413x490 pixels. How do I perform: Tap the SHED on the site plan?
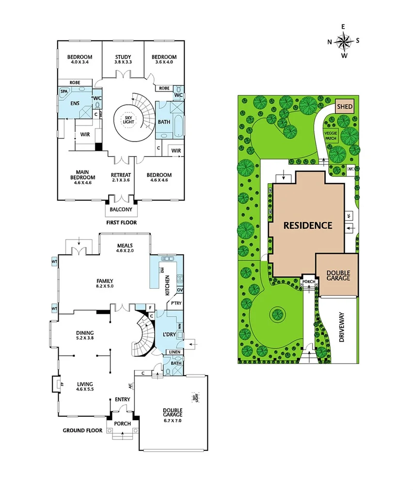click(x=345, y=106)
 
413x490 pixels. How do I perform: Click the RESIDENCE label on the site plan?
click(x=308, y=225)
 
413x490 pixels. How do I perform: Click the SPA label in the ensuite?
click(x=64, y=91)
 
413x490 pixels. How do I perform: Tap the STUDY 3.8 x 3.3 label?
click(x=123, y=59)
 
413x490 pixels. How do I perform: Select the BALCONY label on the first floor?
click(x=121, y=209)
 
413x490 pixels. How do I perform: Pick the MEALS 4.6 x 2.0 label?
click(x=125, y=248)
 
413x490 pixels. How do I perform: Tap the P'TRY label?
click(x=174, y=303)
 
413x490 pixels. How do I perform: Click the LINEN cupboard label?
click(x=174, y=352)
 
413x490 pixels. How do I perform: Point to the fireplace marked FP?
click(x=56, y=384)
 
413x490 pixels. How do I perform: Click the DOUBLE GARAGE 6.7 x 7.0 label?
click(x=172, y=415)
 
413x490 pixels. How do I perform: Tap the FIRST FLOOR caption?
click(x=121, y=222)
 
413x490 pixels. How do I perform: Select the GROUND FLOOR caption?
click(x=82, y=430)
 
